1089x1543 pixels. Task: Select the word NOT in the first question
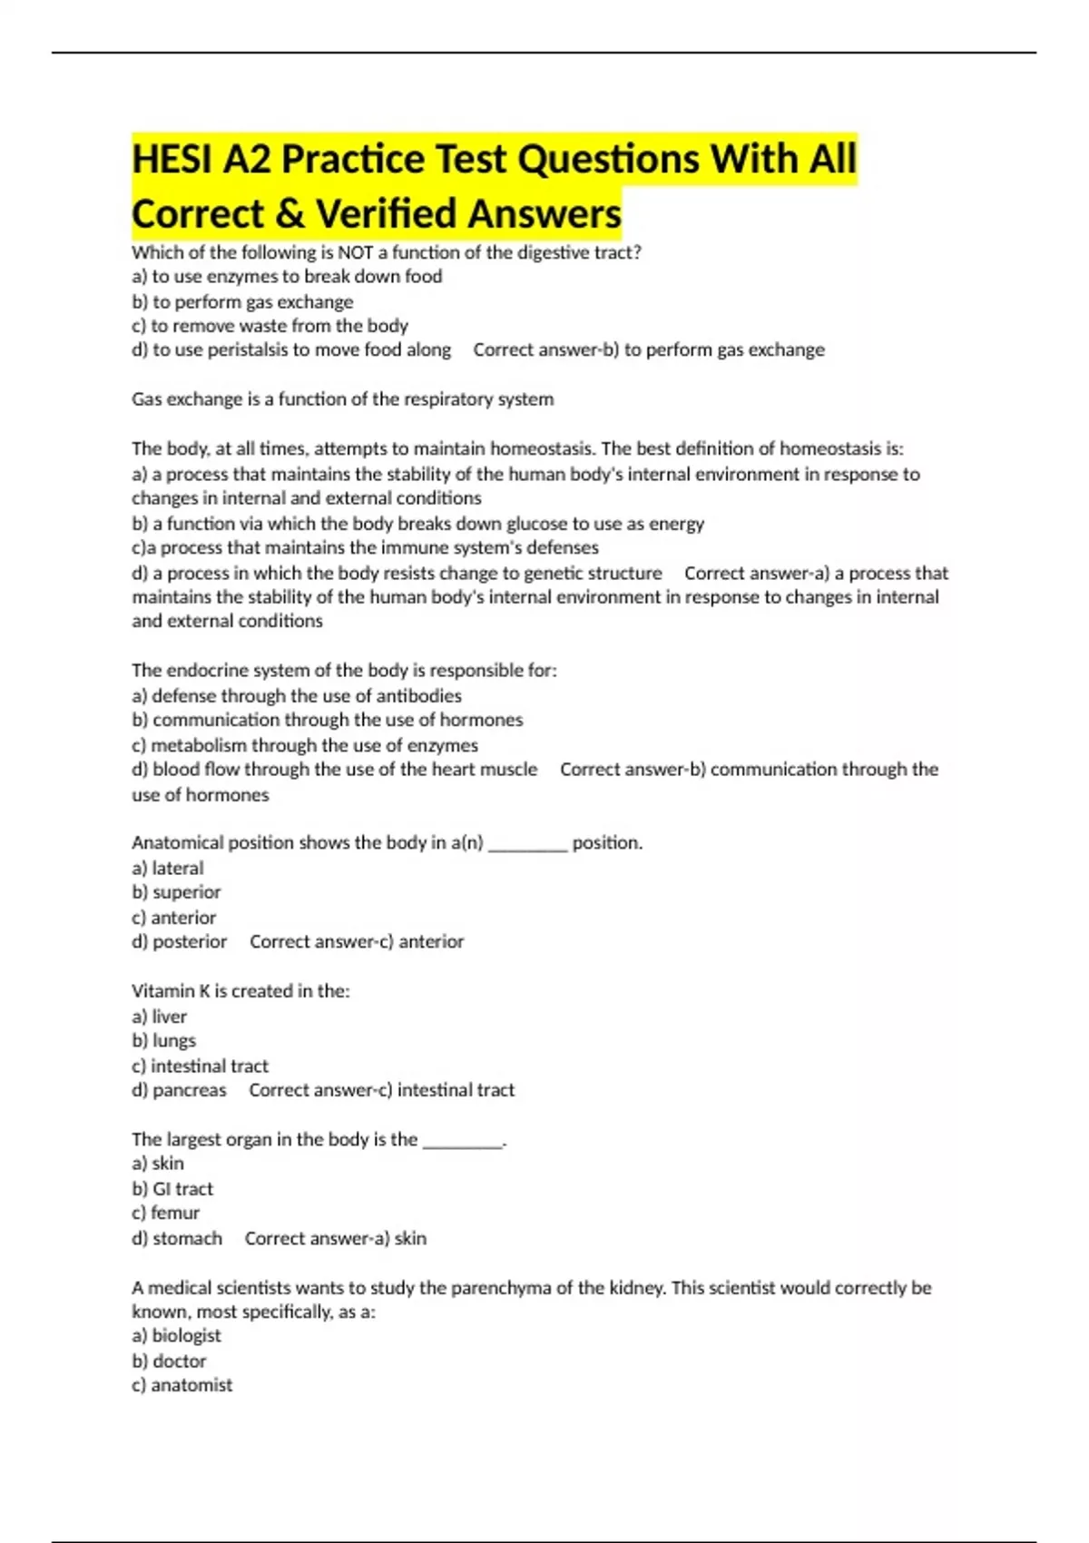tap(355, 252)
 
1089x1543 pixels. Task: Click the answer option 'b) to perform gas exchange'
tap(242, 301)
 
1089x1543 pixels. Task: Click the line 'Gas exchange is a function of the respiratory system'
tap(342, 399)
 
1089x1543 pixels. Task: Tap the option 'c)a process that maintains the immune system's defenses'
tap(365, 547)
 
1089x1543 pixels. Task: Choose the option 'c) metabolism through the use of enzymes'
tap(305, 745)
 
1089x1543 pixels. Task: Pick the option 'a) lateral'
tap(168, 869)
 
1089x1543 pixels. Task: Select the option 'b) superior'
tap(176, 892)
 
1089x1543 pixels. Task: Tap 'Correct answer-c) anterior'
tap(357, 942)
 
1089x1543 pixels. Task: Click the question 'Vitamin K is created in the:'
tap(240, 991)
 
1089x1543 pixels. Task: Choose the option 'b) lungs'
tap(163, 1041)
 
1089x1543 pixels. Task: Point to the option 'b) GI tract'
tap(172, 1189)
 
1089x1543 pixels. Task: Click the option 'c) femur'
tap(165, 1214)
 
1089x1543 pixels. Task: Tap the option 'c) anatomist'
tap(181, 1385)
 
